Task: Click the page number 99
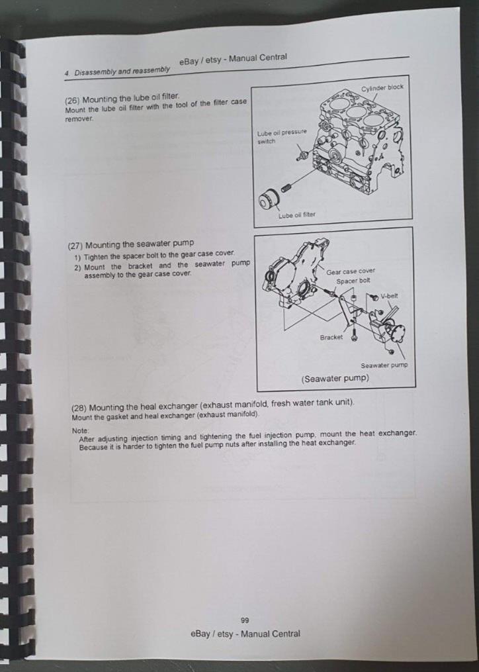pos(245,620)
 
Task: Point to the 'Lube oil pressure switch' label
pos(280,136)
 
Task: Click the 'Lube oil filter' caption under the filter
pos(296,215)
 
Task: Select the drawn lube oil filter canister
pos(271,199)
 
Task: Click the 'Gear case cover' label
pos(351,271)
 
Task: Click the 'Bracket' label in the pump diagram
pos(331,337)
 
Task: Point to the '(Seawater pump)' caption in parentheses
pos(335,379)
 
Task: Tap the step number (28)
pos(79,405)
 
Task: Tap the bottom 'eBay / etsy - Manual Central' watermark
pos(245,634)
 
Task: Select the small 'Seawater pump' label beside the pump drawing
pos(384,365)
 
